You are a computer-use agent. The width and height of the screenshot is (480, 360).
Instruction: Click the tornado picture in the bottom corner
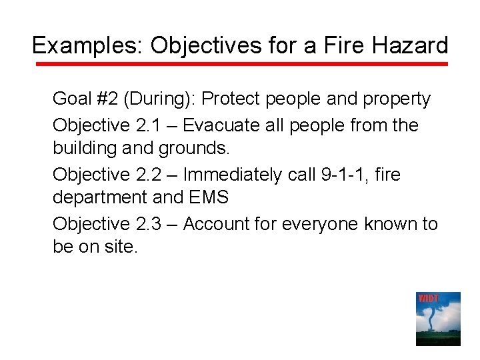click(x=438, y=319)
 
